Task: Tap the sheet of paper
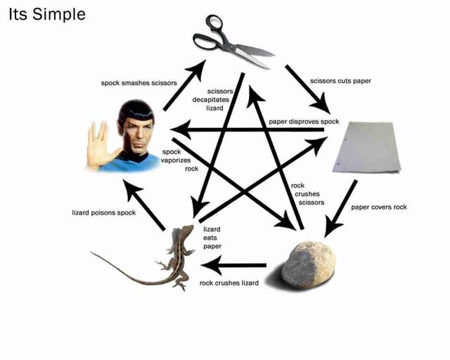point(366,147)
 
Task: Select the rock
point(309,263)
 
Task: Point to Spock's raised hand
point(98,144)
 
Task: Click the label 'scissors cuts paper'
point(341,81)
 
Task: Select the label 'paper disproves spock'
point(304,122)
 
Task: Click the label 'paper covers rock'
point(379,207)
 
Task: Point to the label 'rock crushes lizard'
point(229,283)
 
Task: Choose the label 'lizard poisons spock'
point(104,212)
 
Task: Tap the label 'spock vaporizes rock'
point(171,160)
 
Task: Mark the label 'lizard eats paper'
point(212,238)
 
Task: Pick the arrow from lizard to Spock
point(146,205)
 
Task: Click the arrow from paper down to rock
point(342,208)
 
